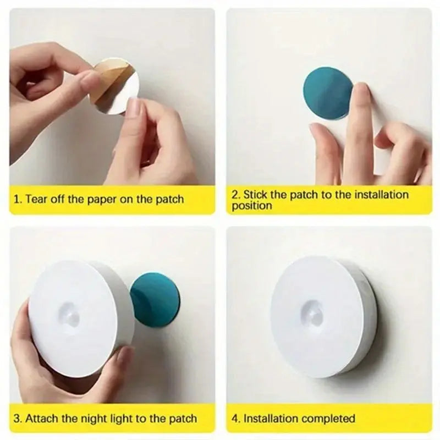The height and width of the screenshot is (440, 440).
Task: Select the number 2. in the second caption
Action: coord(236,194)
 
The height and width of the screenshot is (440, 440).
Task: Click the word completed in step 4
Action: coord(329,419)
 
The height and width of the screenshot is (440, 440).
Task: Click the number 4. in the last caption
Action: coord(236,419)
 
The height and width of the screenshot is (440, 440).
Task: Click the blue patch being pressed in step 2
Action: coord(327,92)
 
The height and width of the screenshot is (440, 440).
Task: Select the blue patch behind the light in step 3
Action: coord(156,300)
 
